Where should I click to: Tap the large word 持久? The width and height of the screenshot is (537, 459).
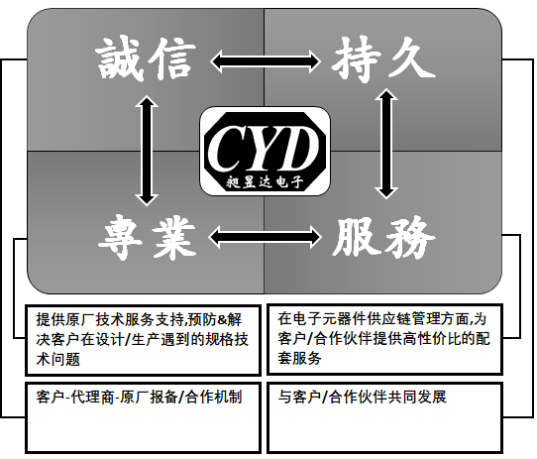pos(383,60)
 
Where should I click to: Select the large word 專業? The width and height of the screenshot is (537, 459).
pos(147,237)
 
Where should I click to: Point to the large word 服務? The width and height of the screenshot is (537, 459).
pos(383,237)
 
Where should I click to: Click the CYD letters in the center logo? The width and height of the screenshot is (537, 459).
pos(263,148)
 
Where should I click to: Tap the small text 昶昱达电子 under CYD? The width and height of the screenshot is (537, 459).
pos(265,181)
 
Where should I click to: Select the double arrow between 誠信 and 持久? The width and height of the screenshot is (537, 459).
pos(265,61)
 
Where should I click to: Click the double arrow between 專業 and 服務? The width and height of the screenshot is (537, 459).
pos(265,237)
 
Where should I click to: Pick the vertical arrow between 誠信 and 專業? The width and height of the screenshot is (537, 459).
pos(147,150)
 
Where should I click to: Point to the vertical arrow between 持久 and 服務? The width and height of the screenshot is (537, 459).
pos(386,144)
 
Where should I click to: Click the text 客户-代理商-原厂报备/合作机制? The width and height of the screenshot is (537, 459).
pos(139,397)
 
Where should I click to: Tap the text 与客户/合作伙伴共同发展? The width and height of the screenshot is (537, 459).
pos(363,397)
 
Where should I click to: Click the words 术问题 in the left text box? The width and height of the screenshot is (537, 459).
pos(58,359)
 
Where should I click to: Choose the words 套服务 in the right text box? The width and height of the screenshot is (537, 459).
pos(299,358)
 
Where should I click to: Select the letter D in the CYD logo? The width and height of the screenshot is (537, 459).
pos(297,148)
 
